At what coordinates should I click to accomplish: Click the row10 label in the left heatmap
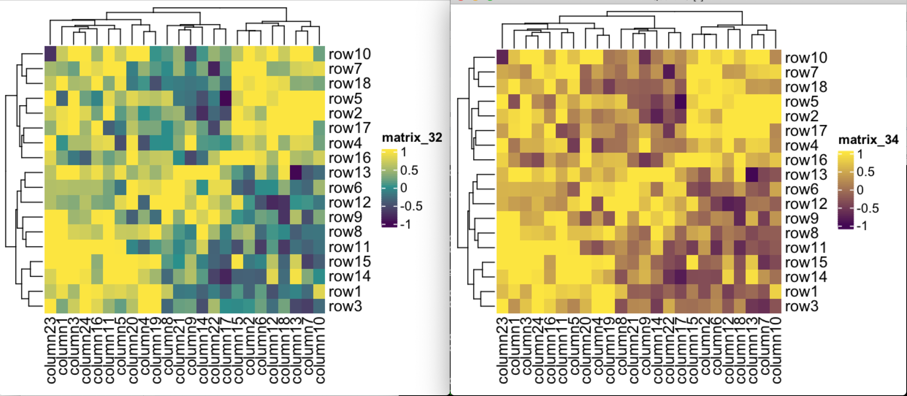[x=349, y=54]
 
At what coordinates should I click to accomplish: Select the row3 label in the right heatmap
[x=801, y=306]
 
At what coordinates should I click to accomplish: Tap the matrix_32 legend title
[x=412, y=138]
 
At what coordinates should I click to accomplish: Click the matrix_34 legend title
[x=868, y=140]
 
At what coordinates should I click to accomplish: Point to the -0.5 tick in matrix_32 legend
[x=411, y=206]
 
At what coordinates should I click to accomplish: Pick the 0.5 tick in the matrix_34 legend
[x=865, y=172]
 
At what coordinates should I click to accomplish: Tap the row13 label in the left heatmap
[x=349, y=172]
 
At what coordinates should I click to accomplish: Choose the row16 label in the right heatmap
[x=806, y=160]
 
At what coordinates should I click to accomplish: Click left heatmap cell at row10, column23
[x=50, y=54]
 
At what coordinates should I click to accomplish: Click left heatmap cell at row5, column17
[x=226, y=98]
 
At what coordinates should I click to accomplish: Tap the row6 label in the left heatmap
[x=345, y=188]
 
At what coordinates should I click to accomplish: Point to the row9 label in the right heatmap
[x=801, y=218]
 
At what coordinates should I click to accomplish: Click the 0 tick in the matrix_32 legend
[x=403, y=188]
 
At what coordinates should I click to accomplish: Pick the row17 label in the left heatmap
[x=349, y=128]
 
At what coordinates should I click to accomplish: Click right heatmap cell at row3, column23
[x=502, y=306]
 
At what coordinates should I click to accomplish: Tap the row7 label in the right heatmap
[x=801, y=72]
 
